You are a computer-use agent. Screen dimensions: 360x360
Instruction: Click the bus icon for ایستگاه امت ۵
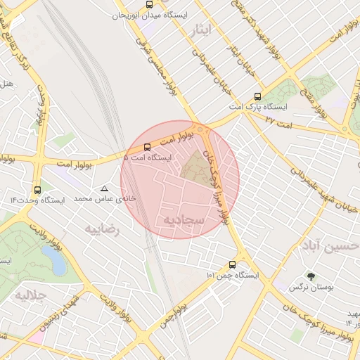(x=147, y=148)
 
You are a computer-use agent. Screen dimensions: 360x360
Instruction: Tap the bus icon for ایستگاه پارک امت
(x=257, y=96)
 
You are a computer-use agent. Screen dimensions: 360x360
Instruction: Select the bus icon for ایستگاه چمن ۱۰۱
(x=233, y=265)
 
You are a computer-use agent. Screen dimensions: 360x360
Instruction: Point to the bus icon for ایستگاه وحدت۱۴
(x=37, y=189)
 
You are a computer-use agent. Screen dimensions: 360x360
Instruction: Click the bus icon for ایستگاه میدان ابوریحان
(x=148, y=4)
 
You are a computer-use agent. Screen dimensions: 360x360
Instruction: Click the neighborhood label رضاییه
(x=102, y=229)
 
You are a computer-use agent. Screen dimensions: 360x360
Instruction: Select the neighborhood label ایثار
(x=200, y=29)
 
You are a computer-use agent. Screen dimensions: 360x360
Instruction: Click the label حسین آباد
(x=330, y=247)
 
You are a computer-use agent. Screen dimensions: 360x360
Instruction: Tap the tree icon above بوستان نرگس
(x=311, y=276)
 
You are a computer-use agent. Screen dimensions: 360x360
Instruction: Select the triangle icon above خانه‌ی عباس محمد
(x=105, y=188)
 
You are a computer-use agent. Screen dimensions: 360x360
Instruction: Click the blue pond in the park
(x=55, y=259)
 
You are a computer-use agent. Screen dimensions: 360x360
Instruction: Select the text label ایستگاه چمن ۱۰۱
(x=233, y=276)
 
